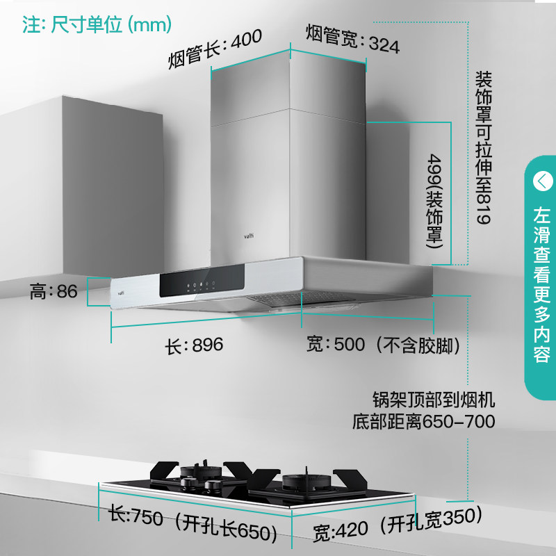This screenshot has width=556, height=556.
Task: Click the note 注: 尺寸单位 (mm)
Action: (97, 26)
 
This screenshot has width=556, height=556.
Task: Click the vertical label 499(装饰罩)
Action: (435, 202)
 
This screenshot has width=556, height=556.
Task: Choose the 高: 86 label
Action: (54, 291)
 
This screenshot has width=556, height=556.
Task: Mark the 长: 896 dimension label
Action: (193, 345)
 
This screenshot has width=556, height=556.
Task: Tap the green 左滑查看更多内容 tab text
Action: (541, 285)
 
